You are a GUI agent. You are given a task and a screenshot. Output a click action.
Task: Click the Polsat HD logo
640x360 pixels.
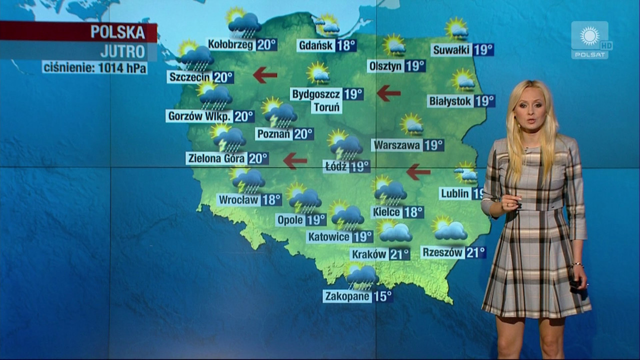590,40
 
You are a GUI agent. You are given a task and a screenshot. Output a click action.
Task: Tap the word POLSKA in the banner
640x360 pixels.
118,32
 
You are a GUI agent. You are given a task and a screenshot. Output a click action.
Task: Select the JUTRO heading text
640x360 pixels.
122,51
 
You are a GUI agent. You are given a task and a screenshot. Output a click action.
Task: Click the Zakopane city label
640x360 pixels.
347,296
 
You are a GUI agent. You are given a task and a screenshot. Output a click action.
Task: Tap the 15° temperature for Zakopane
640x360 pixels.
382,296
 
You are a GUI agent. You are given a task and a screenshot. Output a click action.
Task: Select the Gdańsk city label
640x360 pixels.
315,46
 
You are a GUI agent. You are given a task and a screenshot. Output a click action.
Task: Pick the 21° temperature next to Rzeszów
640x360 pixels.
475,252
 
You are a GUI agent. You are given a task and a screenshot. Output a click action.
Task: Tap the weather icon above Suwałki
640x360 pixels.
457,29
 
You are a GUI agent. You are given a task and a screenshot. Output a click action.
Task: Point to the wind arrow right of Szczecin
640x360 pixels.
265,75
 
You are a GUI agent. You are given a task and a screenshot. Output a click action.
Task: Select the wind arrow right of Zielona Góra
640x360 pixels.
295,160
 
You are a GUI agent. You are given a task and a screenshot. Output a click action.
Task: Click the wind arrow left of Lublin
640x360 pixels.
418,172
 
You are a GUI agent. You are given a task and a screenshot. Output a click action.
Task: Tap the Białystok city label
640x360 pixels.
450,101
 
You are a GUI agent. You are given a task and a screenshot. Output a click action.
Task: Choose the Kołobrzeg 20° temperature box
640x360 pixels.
266,45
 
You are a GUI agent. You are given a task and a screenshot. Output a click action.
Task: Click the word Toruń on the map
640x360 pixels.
327,107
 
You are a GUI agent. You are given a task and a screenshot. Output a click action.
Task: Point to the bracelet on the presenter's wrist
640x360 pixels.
578,264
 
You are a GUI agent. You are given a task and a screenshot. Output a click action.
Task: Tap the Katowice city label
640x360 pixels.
329,237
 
